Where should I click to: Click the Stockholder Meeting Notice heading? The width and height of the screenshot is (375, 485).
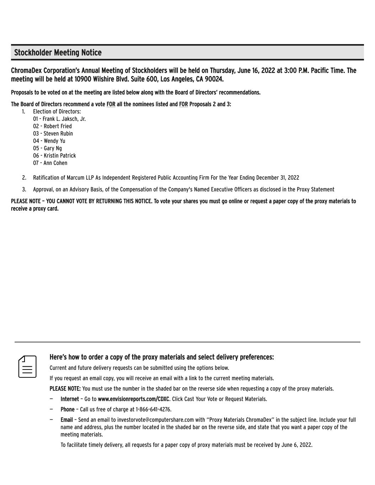(58, 53)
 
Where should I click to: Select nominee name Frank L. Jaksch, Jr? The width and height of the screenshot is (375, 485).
(64, 119)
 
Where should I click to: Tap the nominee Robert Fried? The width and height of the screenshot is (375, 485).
(58, 126)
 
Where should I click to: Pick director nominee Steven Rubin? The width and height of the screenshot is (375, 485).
(58, 134)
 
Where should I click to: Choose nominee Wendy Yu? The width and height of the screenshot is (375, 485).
(54, 141)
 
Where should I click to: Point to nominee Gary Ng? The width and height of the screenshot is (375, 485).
(53, 148)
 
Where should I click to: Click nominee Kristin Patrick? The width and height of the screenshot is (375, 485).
(60, 156)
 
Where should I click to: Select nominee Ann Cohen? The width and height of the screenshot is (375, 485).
(55, 163)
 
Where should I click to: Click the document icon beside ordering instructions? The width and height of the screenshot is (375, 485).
(27, 366)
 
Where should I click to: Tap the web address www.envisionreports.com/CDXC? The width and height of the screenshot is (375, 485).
(133, 399)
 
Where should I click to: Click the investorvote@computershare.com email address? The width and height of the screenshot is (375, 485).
(155, 420)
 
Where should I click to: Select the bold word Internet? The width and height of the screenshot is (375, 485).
(70, 399)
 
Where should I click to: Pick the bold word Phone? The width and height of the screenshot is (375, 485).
(68, 409)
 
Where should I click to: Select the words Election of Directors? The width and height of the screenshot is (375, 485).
(57, 112)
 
